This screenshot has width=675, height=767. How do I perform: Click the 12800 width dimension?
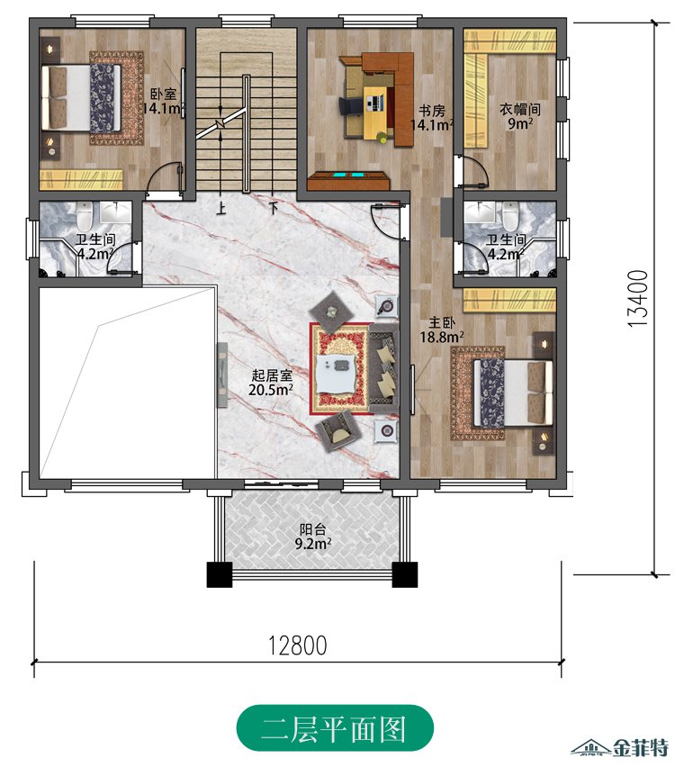coord(297,645)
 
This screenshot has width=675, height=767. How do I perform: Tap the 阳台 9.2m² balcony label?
coord(313,537)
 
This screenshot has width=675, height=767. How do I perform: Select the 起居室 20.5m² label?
coord(271,383)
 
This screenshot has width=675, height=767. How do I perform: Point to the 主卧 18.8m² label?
coord(442,329)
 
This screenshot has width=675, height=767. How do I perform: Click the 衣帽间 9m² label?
coord(519,116)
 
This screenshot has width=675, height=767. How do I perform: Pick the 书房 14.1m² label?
coord(431,117)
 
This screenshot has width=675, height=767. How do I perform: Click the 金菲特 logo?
coord(621,747)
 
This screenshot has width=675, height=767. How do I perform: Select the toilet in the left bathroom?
coord(84,216)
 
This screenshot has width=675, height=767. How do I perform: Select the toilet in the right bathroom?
coord(509,216)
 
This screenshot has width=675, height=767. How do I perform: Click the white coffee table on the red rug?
coord(337,373)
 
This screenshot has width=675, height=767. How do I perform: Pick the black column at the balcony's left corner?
coord(219,574)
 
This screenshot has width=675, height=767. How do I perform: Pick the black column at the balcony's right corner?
coord(405,574)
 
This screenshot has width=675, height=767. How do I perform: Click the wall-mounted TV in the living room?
coord(222,374)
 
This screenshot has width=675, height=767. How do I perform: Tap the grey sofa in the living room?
coord(384,368)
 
